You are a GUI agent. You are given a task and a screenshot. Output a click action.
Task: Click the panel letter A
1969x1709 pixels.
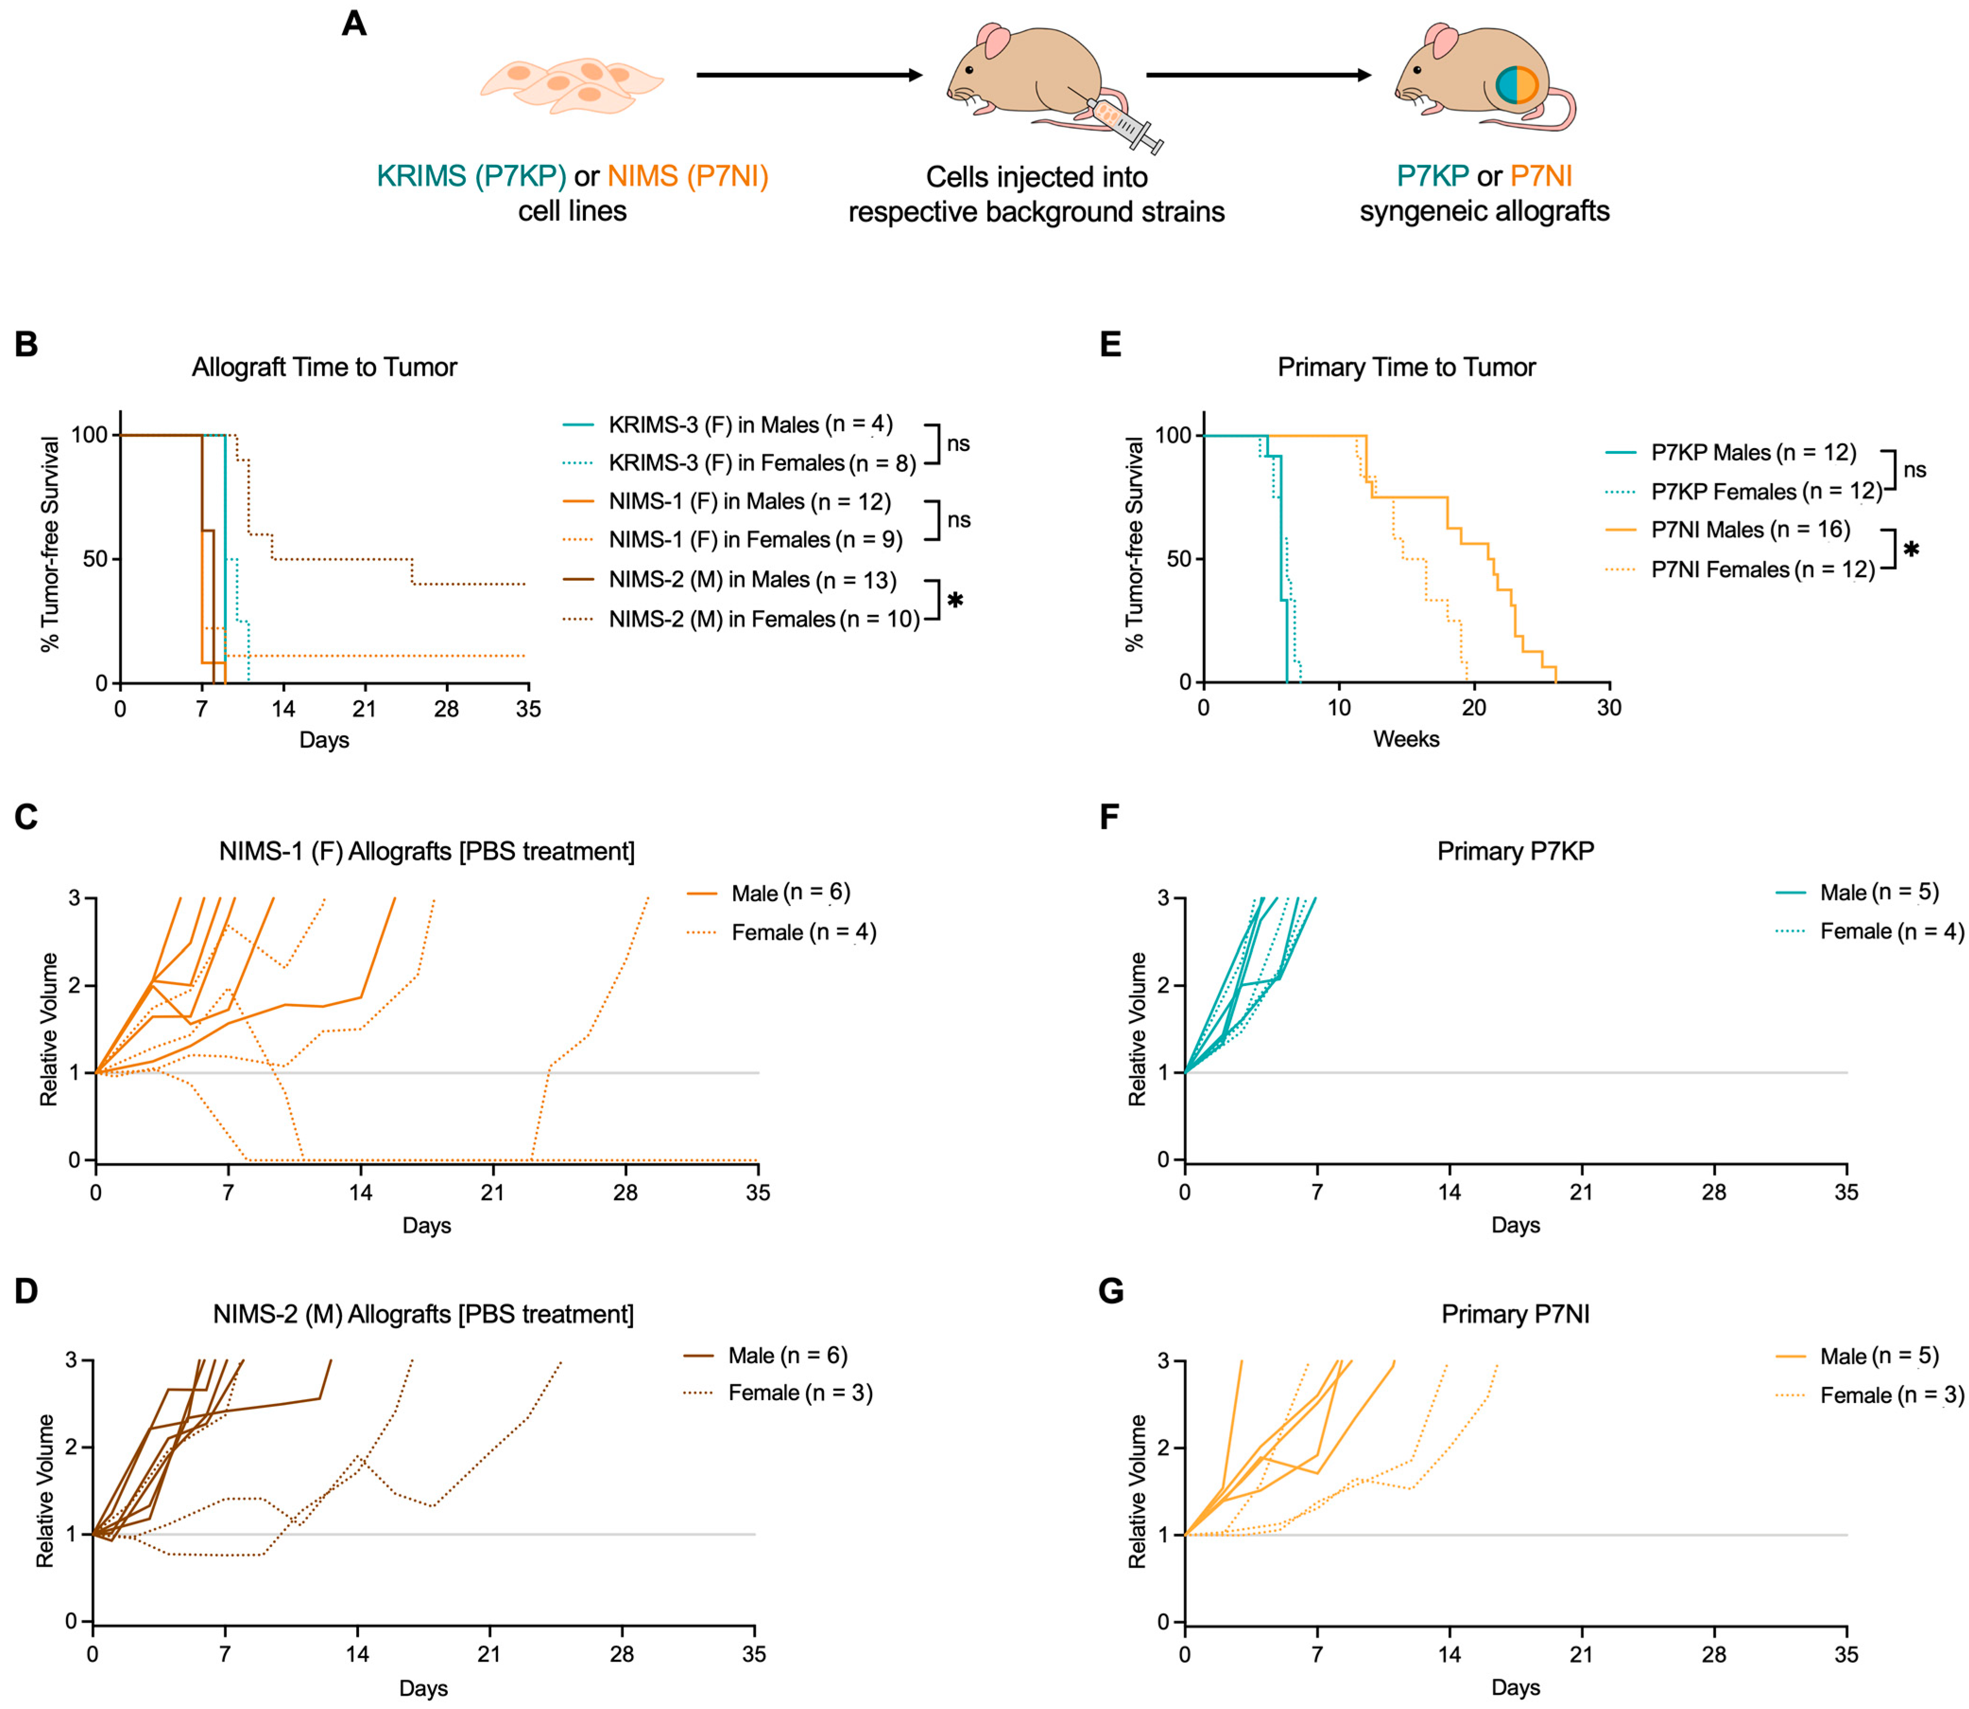(x=354, y=23)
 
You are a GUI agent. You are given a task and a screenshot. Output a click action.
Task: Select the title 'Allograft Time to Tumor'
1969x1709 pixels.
(x=325, y=367)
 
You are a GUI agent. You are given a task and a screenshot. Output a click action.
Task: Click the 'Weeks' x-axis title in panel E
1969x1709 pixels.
(x=1406, y=739)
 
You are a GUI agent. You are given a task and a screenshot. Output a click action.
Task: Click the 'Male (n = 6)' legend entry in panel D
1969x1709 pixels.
(x=787, y=1355)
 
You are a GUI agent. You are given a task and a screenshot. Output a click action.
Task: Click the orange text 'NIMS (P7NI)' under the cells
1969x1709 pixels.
(x=688, y=177)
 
